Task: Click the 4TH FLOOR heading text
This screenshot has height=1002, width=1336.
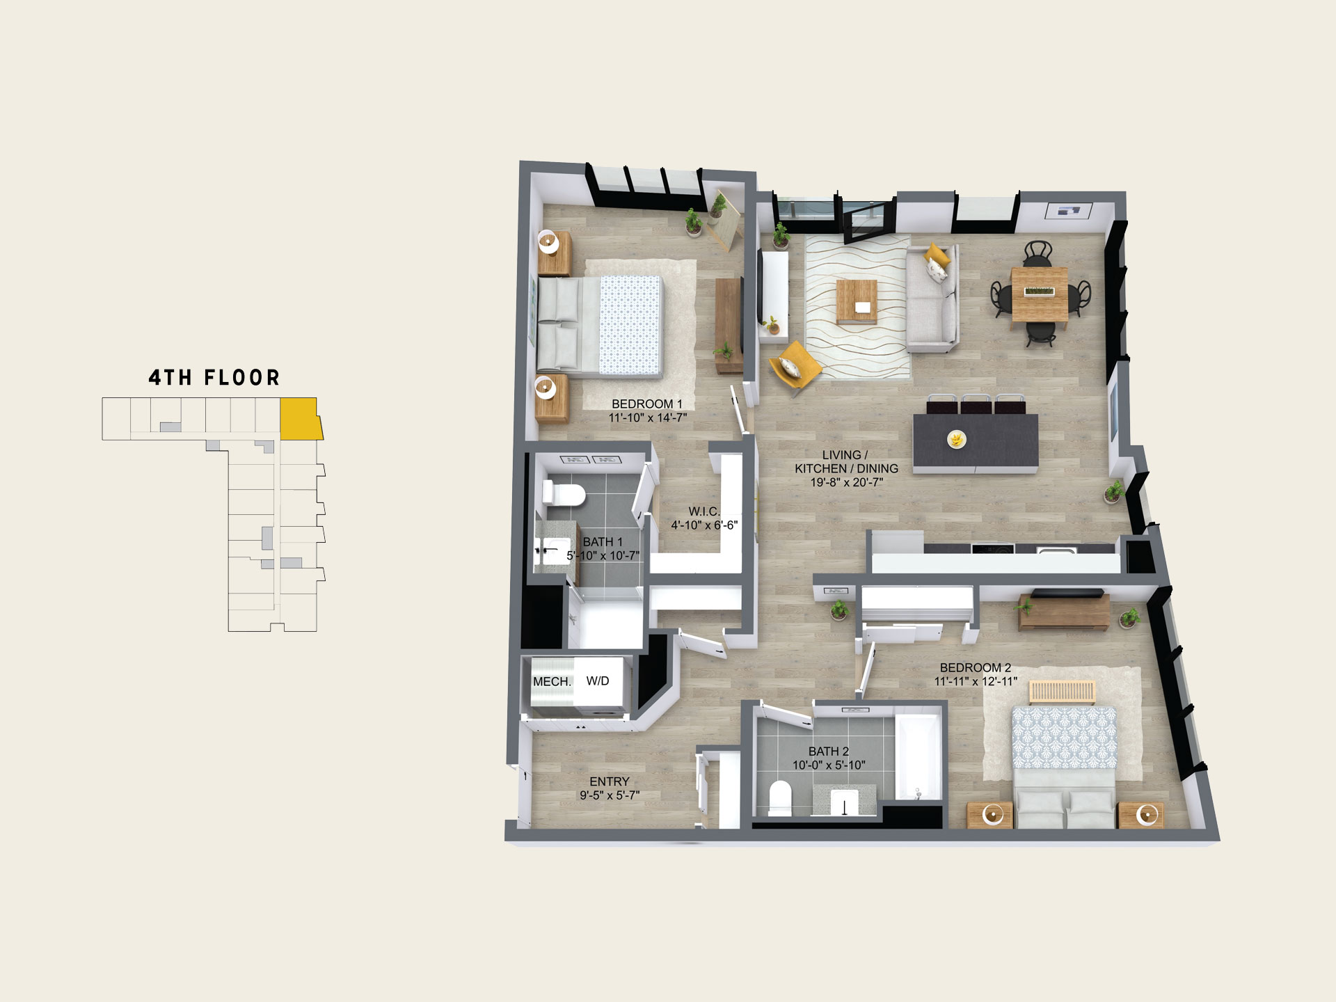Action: pyautogui.click(x=214, y=378)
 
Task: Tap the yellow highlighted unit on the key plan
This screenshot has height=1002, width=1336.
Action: pyautogui.click(x=300, y=419)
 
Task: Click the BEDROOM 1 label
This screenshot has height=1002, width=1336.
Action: pyautogui.click(x=647, y=404)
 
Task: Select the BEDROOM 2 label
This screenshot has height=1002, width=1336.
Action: pyautogui.click(x=976, y=667)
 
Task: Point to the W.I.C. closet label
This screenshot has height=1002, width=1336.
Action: pyautogui.click(x=704, y=511)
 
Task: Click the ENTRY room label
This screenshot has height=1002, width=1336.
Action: pyautogui.click(x=610, y=781)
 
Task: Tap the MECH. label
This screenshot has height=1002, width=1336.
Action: pyautogui.click(x=552, y=682)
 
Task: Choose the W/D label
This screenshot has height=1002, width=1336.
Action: pyautogui.click(x=598, y=681)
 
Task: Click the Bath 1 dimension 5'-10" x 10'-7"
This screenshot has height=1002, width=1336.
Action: pyautogui.click(x=603, y=555)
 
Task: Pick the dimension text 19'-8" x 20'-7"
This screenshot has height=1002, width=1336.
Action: pyautogui.click(x=847, y=482)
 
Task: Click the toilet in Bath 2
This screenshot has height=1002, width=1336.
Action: pyautogui.click(x=781, y=798)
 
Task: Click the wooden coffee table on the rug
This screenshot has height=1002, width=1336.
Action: pyautogui.click(x=857, y=301)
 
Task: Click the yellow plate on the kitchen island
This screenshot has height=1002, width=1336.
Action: pyautogui.click(x=957, y=439)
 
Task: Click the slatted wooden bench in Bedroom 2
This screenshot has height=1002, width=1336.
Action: pyautogui.click(x=1063, y=692)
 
